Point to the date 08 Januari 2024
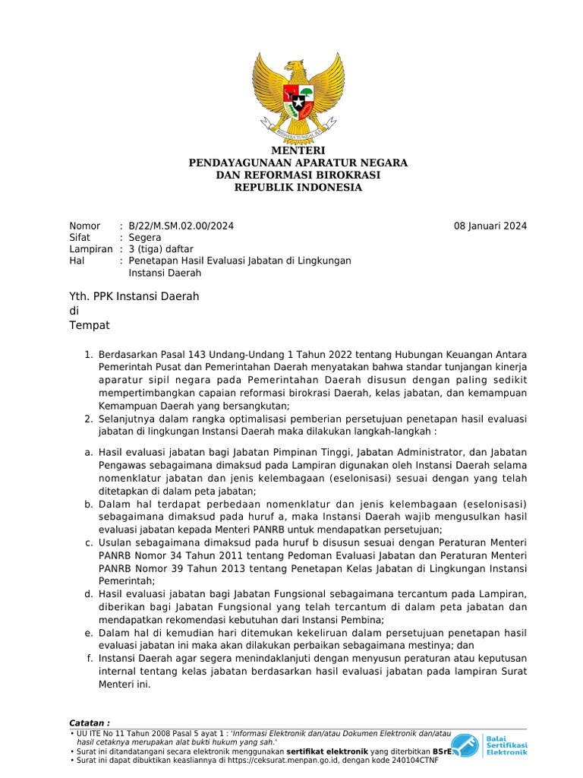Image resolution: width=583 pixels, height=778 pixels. (490, 226)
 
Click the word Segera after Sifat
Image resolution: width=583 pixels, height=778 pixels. (145, 237)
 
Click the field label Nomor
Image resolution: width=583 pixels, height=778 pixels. (84, 226)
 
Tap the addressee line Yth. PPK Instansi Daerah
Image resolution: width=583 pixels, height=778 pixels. (134, 296)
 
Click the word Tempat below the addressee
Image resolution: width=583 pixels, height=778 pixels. (90, 325)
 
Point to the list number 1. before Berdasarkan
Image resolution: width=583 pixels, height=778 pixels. (88, 356)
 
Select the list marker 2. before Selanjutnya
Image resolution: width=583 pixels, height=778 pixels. (88, 419)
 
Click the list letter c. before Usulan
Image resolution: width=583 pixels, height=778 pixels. (89, 542)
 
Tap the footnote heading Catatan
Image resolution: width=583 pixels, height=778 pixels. (90, 723)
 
